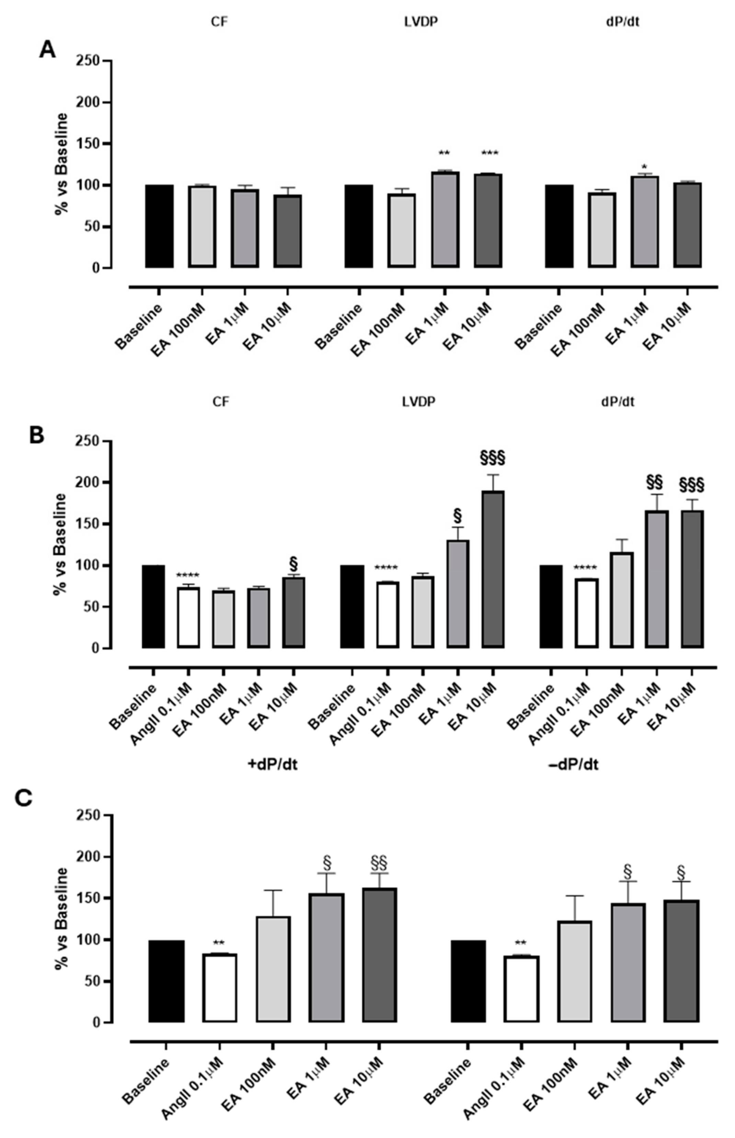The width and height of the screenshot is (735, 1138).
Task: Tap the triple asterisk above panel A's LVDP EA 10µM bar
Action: [490, 153]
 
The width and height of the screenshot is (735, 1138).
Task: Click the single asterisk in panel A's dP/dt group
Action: [645, 168]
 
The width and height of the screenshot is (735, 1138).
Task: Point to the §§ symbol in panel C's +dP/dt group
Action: [379, 862]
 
